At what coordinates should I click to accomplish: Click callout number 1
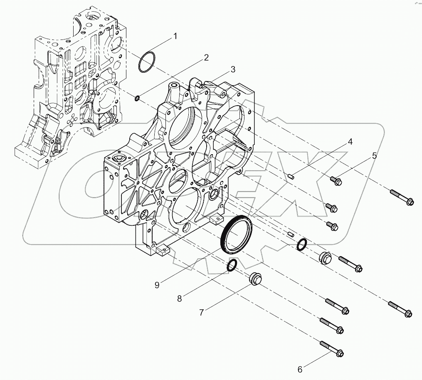pos(175,36)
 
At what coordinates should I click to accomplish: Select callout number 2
pos(205,58)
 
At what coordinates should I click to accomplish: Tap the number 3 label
pos(233,69)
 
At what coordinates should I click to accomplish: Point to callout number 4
pos(350,142)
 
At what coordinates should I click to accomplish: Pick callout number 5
pos(374,156)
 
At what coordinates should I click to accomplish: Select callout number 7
pos(201,313)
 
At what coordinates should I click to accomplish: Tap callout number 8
pos(180,298)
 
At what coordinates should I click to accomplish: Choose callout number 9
pos(157,285)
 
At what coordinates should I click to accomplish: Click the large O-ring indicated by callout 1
pos(147,62)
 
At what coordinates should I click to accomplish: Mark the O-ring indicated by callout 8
pos(232,265)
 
